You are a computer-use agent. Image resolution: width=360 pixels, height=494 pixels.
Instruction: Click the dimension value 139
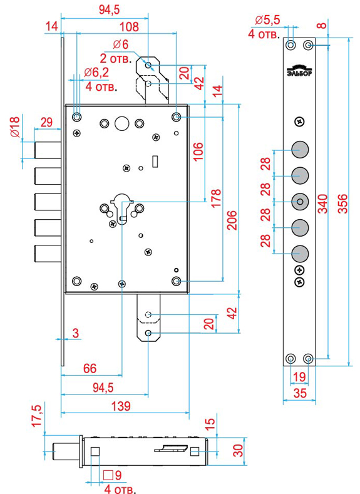point(121,406)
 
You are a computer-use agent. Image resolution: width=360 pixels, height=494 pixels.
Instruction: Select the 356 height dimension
point(343,204)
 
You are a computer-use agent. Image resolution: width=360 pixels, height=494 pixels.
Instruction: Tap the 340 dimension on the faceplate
point(322,204)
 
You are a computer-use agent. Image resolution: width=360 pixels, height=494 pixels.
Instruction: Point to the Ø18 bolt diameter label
point(15,126)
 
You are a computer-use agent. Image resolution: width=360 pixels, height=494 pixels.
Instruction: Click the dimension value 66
point(90,368)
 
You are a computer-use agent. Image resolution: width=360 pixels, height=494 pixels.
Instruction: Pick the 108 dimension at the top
point(129,27)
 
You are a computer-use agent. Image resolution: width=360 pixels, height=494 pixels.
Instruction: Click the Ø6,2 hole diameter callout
point(96,73)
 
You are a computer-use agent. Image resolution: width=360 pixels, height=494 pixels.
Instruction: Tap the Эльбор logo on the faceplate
point(299,70)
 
